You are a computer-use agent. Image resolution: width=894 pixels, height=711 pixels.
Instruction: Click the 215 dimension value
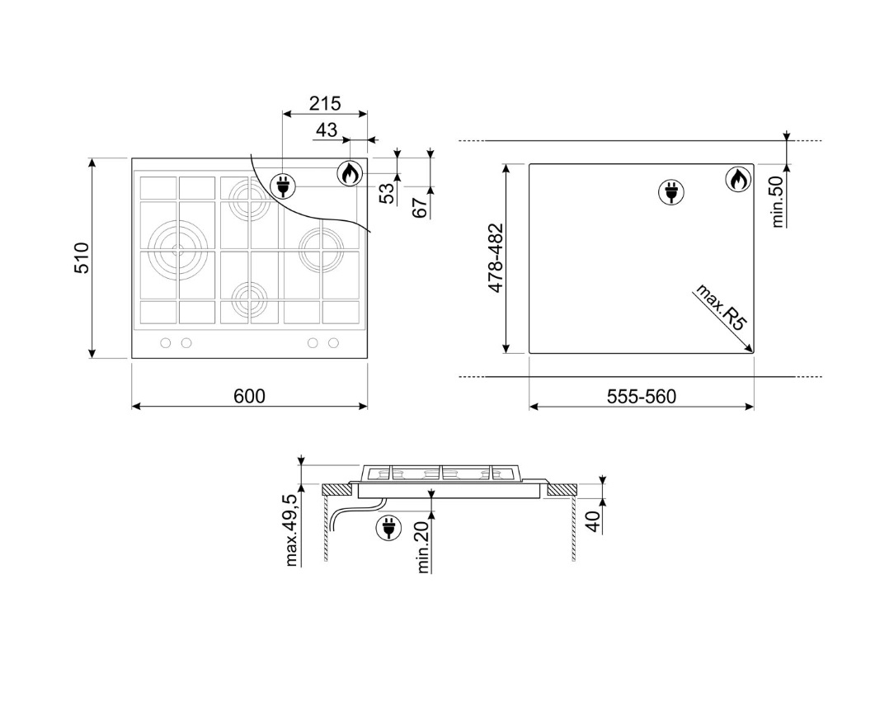325,104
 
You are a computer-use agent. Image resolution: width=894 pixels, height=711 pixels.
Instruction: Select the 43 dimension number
327,130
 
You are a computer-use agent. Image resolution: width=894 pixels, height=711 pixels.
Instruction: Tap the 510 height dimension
82,257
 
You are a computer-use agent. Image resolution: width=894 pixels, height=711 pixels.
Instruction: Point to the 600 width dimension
250,396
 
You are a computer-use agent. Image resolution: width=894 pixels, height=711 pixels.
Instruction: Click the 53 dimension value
387,194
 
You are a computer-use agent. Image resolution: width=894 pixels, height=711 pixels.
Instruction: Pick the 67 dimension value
420,208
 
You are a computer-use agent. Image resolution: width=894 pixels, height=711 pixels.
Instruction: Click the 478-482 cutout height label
496,257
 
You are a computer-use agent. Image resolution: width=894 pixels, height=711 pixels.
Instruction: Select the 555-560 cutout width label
642,396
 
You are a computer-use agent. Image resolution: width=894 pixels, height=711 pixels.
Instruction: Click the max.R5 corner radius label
721,307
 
